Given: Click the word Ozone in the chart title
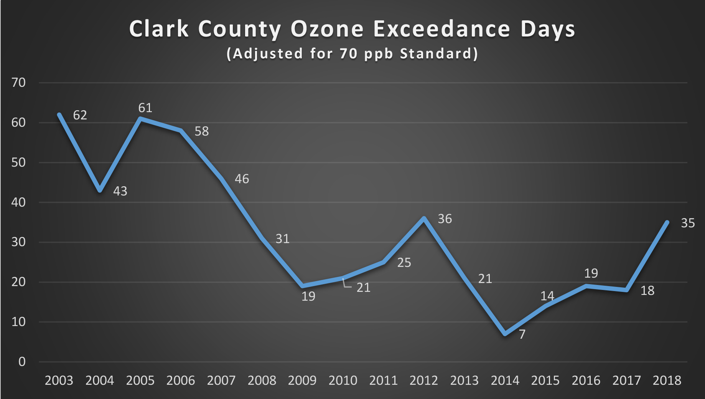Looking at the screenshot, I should click(327, 29).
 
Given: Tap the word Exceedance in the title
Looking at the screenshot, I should click(442, 29).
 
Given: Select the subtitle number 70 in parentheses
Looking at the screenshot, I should click(348, 53).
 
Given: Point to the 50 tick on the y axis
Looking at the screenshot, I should click(18, 162).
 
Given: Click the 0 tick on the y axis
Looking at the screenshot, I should click(22, 362).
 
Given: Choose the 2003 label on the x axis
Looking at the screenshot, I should click(59, 381).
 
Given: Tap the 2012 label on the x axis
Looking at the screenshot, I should click(423, 381).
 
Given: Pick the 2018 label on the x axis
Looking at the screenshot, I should click(667, 381).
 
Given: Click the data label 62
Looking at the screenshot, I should click(80, 115).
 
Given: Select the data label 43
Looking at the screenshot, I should click(120, 191).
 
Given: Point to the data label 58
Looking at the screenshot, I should click(201, 131).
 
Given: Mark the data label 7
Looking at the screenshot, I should click(522, 334).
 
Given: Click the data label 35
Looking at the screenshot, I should click(688, 223).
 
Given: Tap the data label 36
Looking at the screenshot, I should click(445, 219).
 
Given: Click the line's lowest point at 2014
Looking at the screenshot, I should click(505, 334).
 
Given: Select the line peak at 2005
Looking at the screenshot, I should click(140, 119).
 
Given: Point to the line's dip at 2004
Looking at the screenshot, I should click(100, 190).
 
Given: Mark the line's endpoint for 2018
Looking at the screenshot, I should click(667, 222).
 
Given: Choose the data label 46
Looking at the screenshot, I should click(242, 179).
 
